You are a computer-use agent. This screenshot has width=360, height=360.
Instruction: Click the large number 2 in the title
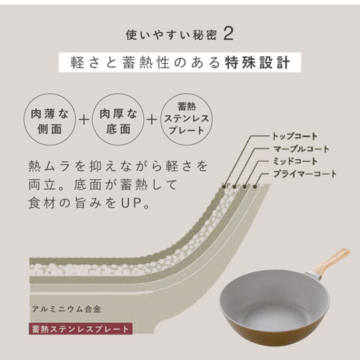click(228, 34)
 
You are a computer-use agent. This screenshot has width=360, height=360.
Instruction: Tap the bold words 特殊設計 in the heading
click(258, 62)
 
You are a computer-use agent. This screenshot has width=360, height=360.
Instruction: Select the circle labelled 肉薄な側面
click(49, 119)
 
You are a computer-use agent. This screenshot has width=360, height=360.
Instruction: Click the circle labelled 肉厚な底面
click(118, 119)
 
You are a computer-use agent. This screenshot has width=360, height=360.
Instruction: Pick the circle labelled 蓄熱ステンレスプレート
click(187, 119)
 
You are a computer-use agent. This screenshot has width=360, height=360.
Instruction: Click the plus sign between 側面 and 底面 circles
click(84, 119)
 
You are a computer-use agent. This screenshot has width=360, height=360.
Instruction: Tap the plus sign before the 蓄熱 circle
click(151, 119)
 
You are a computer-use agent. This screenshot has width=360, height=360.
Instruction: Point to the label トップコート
click(295, 136)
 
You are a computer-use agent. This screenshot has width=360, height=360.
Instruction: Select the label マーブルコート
click(301, 149)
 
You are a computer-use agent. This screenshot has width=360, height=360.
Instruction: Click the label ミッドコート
click(295, 161)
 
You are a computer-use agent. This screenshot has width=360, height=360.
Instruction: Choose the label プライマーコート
click(304, 174)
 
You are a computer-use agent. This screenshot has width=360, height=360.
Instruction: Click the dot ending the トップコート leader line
click(224, 187)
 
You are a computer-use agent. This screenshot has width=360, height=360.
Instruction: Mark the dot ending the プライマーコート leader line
click(255, 187)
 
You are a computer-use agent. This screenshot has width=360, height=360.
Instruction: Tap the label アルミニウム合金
click(66, 309)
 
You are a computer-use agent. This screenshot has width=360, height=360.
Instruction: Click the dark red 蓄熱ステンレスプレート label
click(80, 329)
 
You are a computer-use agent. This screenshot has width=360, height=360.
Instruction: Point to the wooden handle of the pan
click(331, 261)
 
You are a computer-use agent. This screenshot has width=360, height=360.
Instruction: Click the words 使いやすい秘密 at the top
click(171, 34)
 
